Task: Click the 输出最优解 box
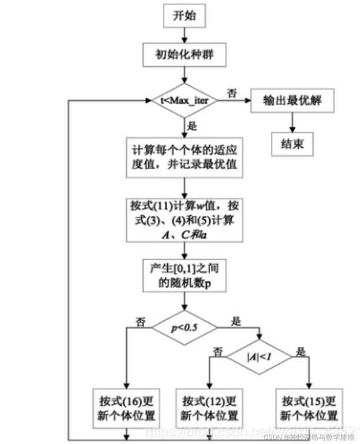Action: [292, 101]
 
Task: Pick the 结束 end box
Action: [292, 144]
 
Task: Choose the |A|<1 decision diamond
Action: [258, 355]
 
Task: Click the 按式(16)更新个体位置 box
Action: [126, 407]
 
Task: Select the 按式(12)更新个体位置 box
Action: [209, 407]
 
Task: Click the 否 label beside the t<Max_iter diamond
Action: [231, 92]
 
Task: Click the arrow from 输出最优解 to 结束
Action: [292, 122]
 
